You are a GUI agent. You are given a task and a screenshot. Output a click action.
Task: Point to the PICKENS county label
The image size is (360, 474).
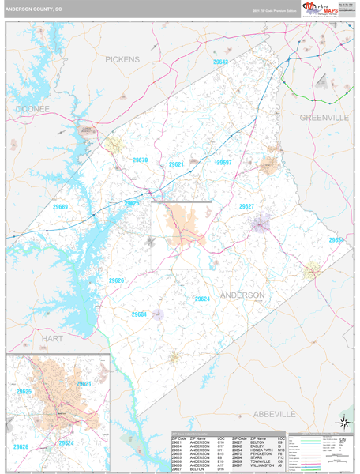[x=122, y=59]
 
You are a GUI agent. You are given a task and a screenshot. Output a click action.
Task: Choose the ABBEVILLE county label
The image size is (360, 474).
[x=274, y=414]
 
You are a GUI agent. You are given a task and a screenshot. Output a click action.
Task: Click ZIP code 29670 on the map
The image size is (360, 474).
[x=140, y=160]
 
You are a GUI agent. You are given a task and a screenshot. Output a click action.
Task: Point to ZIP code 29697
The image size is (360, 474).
[x=224, y=163]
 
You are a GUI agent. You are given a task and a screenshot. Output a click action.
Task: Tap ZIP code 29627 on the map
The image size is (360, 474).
[x=246, y=206]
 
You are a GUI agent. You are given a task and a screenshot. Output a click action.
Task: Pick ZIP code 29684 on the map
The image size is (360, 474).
[x=139, y=314]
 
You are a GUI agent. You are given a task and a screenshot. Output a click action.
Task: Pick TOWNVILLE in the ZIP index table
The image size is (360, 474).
[x=260, y=461]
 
